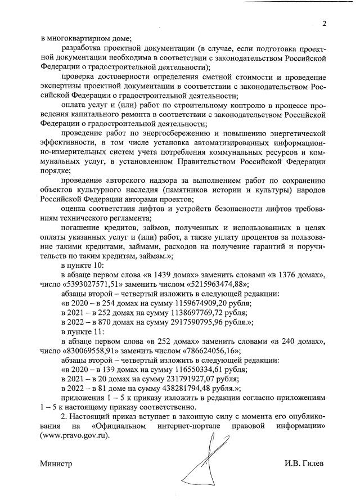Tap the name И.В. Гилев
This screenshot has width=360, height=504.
coord(304,463)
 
